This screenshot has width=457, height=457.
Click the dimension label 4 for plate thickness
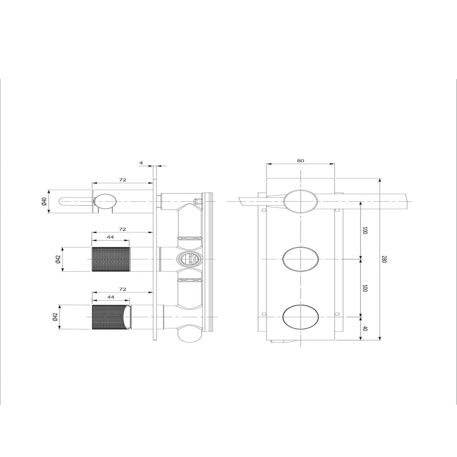click(141, 163)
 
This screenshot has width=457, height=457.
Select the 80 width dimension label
click(300, 161)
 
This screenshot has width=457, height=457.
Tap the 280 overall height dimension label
click(385, 259)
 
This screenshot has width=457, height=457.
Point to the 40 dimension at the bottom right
click(365, 329)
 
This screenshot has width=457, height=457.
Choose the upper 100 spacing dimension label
click(365, 231)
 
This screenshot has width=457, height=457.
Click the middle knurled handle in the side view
click(111, 259)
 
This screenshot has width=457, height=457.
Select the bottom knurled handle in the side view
click(111, 317)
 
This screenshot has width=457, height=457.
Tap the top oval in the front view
click(301, 201)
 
